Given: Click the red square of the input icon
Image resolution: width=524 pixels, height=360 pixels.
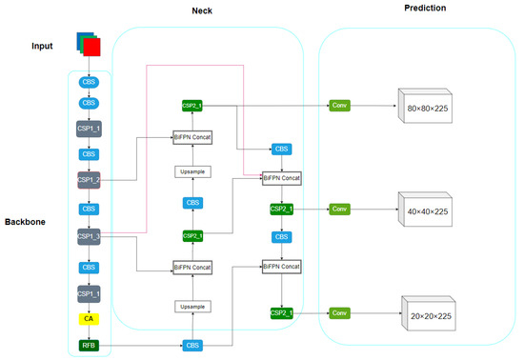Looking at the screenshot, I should tap(91, 47).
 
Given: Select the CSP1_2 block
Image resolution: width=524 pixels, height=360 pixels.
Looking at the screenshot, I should tap(89, 179).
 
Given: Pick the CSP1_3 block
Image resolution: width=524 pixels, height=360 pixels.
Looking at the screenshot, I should tap(89, 236).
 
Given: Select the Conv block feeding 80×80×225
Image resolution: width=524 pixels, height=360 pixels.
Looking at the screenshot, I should tap(340, 105).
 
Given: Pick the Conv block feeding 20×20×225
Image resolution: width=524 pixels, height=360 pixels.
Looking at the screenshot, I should tap(340, 312).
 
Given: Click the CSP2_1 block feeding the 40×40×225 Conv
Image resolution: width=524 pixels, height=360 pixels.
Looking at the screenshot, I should tap(282, 208).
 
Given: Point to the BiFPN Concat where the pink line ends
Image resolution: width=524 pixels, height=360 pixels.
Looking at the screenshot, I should tap(282, 178).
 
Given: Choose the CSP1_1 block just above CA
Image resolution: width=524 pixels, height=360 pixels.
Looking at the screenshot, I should tap(89, 292).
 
